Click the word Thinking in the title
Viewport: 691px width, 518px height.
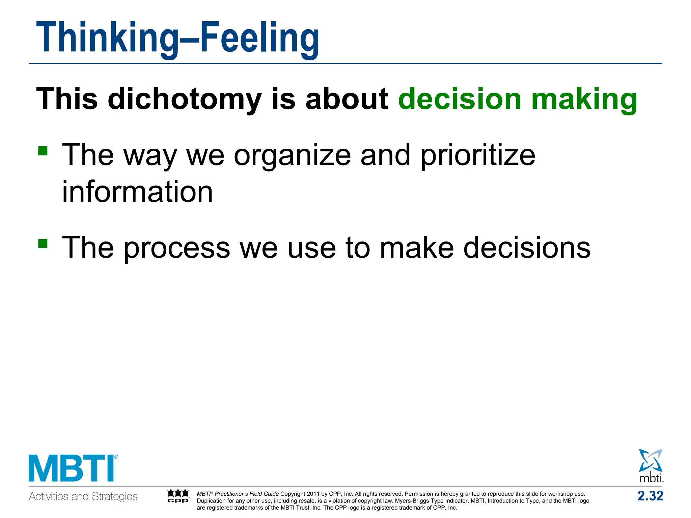point(107,38)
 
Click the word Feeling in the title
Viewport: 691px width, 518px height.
point(259,38)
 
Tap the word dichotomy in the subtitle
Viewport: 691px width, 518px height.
point(185,99)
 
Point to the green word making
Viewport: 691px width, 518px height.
point(584,99)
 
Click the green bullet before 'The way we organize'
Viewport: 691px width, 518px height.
point(43,151)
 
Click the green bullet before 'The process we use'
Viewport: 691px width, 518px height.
point(43,243)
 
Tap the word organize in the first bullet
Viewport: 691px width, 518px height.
point(292,156)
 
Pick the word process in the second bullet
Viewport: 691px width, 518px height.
point(177,248)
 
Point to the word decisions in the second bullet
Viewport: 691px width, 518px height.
point(527,248)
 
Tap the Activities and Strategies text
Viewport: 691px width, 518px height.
point(83,496)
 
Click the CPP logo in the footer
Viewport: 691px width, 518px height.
point(178,496)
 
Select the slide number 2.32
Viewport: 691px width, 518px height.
point(650,496)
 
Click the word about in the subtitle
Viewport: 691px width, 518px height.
point(347,98)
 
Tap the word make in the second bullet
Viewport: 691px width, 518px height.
point(417,248)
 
